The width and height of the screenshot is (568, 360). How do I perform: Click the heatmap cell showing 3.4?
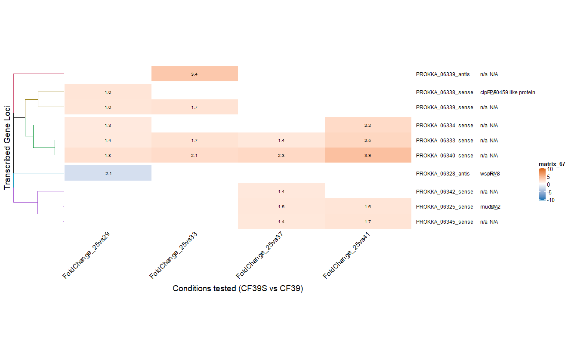coord(194,74)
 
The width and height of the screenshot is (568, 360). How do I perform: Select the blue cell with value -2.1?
coord(108,173)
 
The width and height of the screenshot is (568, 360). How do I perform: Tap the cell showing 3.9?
coord(368,155)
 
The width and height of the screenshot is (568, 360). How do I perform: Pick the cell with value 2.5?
coord(368,140)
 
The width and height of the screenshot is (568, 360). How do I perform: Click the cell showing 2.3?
coord(281,155)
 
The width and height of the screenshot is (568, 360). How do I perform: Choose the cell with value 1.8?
coord(108,155)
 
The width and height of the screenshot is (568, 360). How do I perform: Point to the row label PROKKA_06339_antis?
coord(443,74)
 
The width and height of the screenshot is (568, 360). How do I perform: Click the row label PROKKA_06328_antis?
coord(443,174)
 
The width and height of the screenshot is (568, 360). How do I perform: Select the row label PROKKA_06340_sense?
coord(445,156)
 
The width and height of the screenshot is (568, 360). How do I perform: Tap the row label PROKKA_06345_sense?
coord(445,222)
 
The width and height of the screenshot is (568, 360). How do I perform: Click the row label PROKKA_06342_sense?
coord(445,192)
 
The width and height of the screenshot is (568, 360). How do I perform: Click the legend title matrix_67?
coord(552,164)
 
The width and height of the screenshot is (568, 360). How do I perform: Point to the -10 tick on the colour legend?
coord(551,200)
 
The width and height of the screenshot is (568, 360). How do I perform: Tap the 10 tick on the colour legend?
coord(550,169)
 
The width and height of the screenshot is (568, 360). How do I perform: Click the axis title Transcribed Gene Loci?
coord(7,148)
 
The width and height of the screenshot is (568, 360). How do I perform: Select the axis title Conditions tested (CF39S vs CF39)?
coord(238,289)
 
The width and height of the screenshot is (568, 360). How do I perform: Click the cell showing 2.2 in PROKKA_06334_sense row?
coord(368,125)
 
